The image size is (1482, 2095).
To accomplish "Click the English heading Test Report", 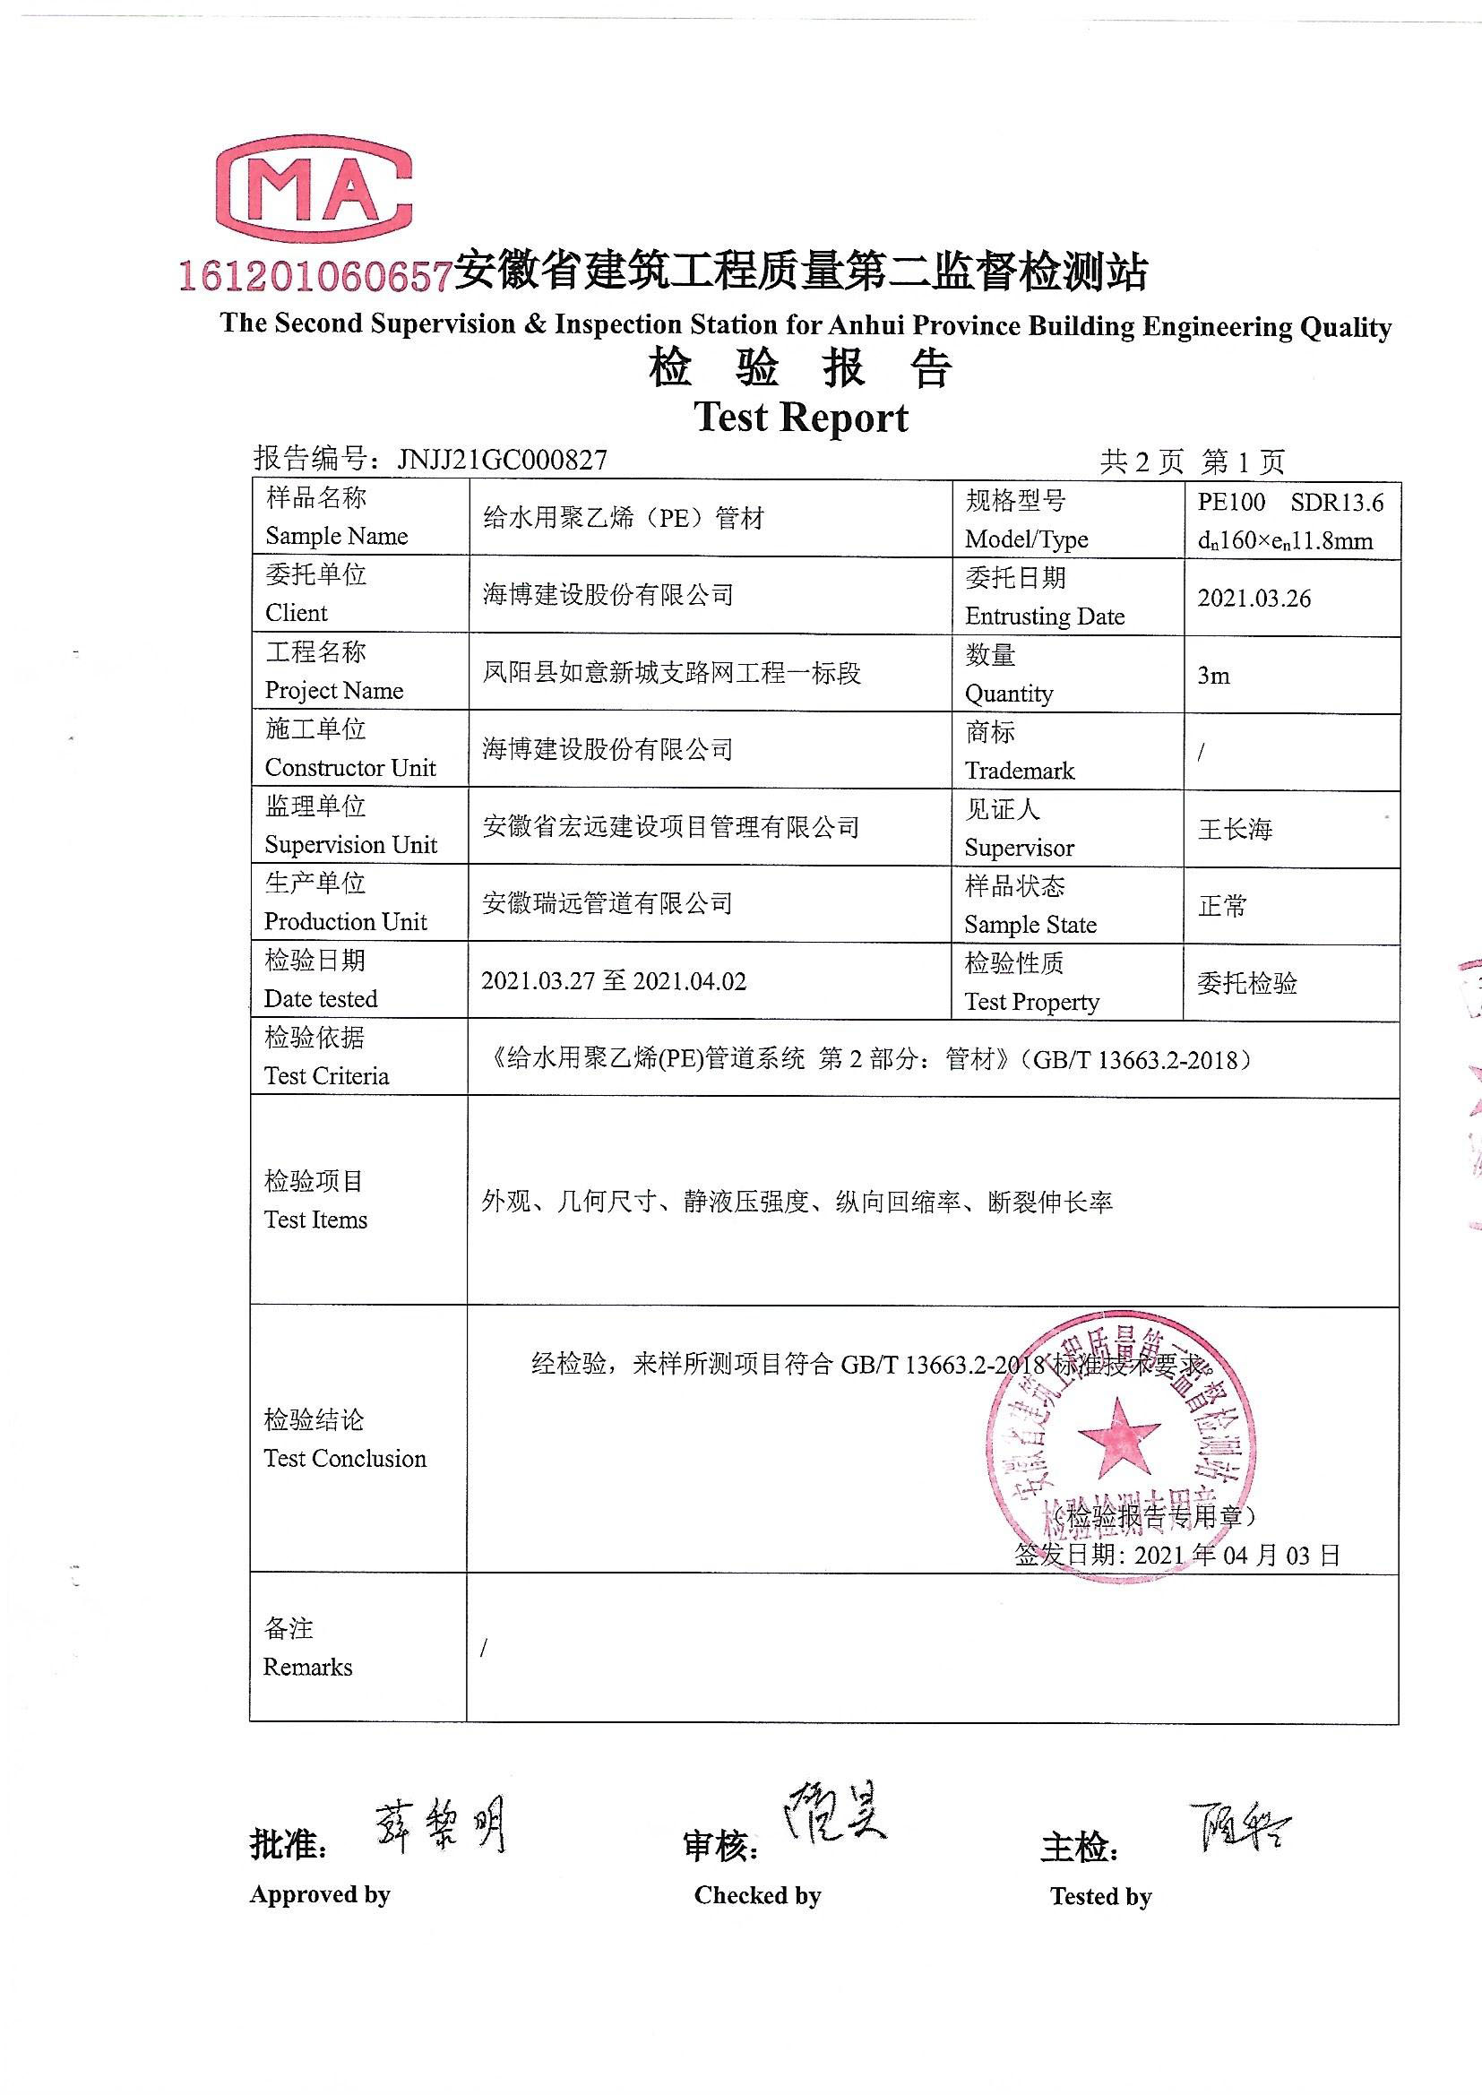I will tap(801, 417).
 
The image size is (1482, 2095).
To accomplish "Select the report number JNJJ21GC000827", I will tap(502, 459).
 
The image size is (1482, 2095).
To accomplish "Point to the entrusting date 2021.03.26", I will tap(1254, 599).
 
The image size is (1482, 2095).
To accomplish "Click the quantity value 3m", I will tap(1214, 677).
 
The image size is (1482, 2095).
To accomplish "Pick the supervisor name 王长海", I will tap(1235, 830).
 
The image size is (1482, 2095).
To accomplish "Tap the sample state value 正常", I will tap(1222, 906).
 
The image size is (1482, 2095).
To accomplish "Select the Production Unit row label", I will tap(345, 903).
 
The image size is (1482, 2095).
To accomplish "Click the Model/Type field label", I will tap(1026, 520).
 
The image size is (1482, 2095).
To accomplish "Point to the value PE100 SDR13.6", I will tap(1290, 502).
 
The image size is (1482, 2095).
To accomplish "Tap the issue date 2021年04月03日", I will tap(1236, 1555).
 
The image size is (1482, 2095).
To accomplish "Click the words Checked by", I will tap(757, 1896).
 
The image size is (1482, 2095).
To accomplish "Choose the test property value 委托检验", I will tap(1246, 983).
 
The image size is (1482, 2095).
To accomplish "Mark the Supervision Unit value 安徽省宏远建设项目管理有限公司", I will tap(671, 828).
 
